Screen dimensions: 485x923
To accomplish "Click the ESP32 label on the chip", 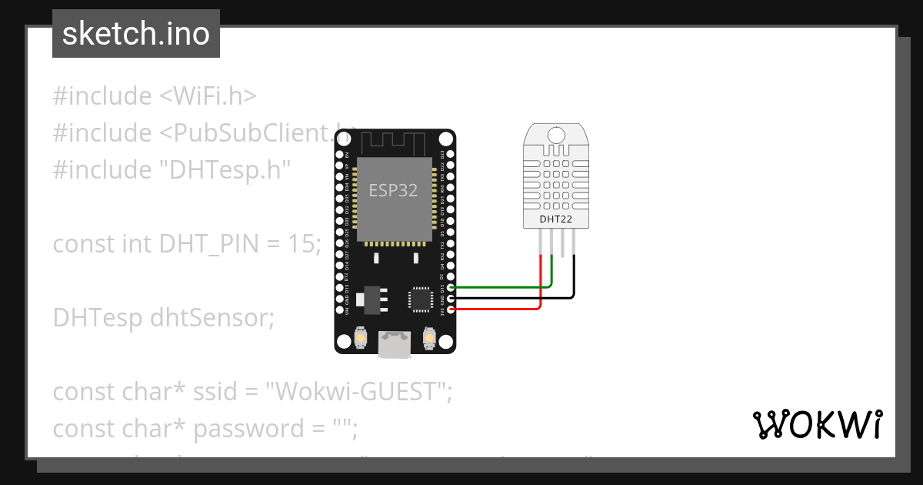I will coord(393,190).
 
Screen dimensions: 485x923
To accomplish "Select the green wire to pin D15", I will coord(500,287).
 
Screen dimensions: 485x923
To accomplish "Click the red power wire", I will coord(500,309).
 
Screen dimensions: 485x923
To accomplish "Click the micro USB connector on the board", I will coord(395,345).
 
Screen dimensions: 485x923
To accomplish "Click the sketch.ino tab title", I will coord(136,34).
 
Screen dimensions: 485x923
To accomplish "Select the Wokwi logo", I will coord(816,424).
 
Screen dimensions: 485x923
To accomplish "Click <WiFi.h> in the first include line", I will coord(208,96).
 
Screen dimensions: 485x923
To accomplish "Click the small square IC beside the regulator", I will coord(421,299).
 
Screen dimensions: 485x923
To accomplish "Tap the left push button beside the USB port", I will coord(359,338).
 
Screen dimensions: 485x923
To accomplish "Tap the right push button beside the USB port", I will coord(430,338).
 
